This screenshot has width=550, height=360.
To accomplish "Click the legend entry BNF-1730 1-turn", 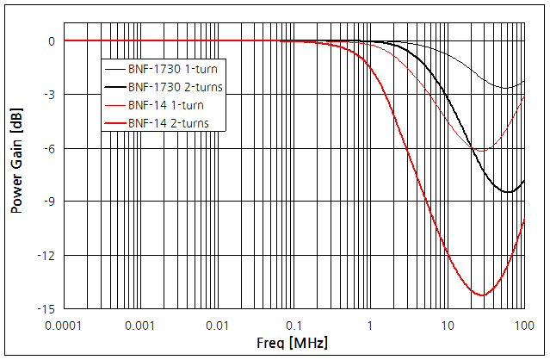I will (171, 69).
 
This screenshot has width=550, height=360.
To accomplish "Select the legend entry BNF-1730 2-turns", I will (175, 87).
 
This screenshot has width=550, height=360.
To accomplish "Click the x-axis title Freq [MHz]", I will (292, 344).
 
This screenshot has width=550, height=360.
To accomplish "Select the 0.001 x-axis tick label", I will (139, 326).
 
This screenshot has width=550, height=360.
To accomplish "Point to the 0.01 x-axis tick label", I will (217, 326).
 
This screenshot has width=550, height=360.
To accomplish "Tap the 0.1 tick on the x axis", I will (294, 326).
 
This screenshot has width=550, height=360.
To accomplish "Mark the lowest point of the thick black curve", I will (509, 191).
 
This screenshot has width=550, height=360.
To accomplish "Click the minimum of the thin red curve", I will (480, 151).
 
